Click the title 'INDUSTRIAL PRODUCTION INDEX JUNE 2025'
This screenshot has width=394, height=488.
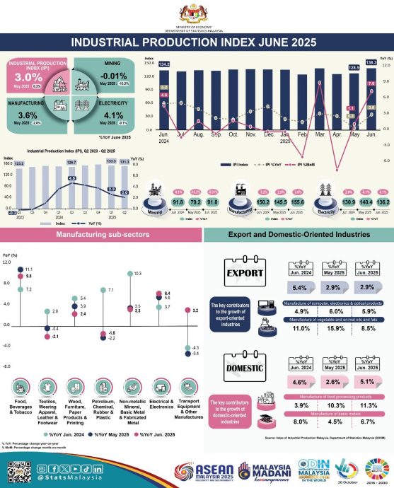pyautogui.click(x=197, y=42)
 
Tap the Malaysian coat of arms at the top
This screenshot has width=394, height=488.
pyautogui.click(x=197, y=12)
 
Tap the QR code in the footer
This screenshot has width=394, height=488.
pyautogui.click(x=16, y=471)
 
